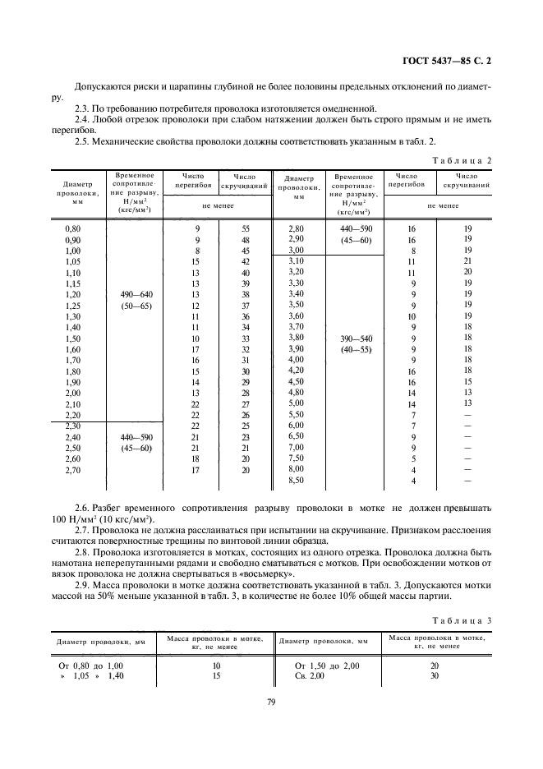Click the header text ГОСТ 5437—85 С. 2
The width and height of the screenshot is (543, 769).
coord(453,61)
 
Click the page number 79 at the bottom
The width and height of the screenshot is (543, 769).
coord(270,700)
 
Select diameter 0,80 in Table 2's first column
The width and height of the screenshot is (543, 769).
coord(72,227)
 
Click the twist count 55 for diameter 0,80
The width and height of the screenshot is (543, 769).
coord(245,227)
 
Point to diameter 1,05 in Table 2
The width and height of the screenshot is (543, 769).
coord(72,261)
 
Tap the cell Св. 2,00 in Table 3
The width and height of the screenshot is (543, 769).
coord(311,675)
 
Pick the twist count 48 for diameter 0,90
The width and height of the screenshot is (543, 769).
coord(245,238)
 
